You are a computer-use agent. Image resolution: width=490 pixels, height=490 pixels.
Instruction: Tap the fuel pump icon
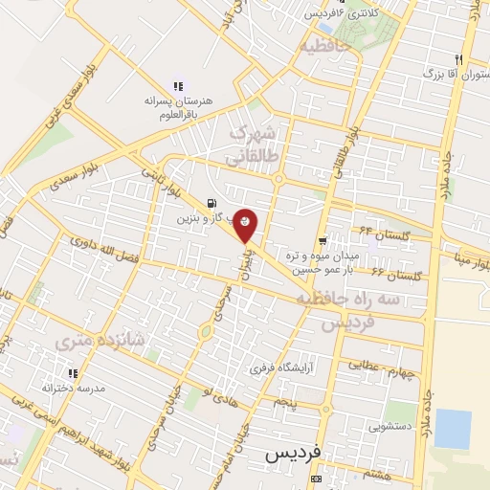[210, 203]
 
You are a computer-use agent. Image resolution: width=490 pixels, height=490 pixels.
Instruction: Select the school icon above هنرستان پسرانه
[176, 85]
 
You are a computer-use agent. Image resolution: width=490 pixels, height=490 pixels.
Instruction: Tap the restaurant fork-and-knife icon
[461, 58]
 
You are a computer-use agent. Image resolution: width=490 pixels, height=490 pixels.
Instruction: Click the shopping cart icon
[323, 241]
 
